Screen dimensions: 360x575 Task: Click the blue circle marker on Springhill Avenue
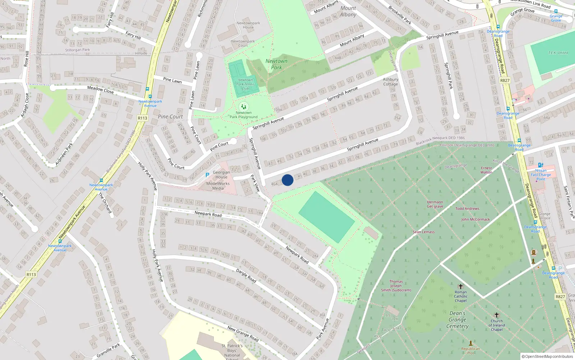[287, 180]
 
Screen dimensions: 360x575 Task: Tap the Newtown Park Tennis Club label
[245, 84]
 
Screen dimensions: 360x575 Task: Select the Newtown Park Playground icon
[244, 107]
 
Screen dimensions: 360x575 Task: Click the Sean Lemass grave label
[424, 232]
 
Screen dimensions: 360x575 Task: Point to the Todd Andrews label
[467, 208]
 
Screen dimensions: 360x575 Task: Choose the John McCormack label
[475, 219]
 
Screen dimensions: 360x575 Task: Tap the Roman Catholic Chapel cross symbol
[461, 287]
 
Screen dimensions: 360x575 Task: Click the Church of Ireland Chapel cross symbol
[497, 315]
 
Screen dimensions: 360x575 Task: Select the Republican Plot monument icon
[471, 343]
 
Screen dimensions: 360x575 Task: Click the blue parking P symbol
[207, 175]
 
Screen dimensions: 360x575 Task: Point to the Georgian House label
[221, 175]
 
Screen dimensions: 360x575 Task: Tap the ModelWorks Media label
[218, 186]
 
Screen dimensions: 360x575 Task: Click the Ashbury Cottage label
[391, 82]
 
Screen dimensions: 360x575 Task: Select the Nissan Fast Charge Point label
[541, 175]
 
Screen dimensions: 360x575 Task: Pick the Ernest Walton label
[486, 170]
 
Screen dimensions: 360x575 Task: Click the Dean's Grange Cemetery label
[457, 320]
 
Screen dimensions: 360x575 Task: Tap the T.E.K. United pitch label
[558, 53]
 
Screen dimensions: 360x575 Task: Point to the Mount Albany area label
[348, 11]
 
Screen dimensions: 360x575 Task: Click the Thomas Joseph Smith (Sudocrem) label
[396, 286]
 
